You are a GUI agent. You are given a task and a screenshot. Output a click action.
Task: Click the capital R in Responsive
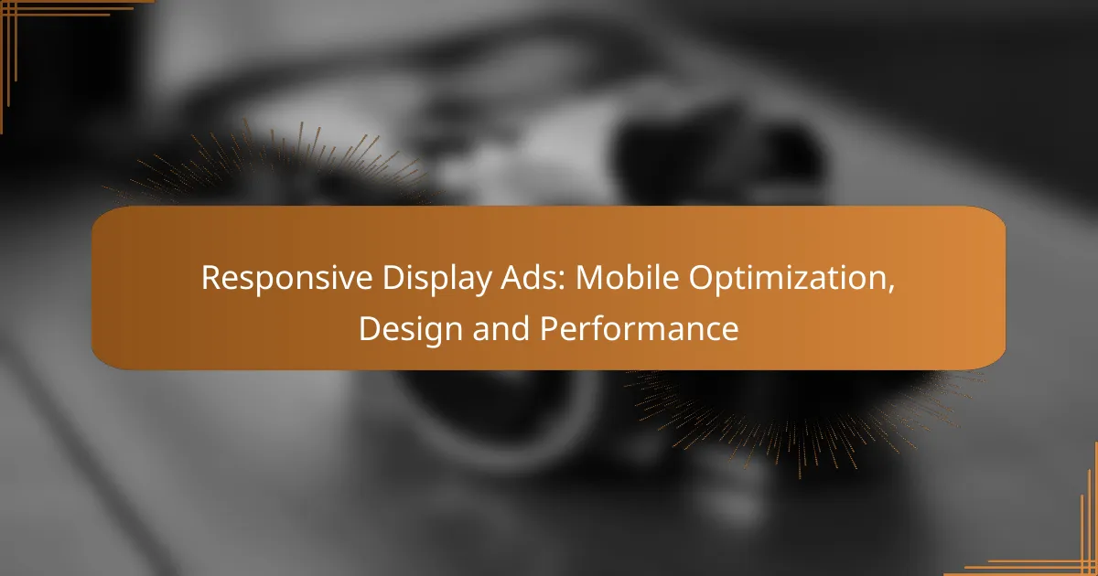210,280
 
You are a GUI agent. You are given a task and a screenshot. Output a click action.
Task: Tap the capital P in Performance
547,328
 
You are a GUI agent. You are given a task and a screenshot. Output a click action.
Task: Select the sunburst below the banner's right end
805,411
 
